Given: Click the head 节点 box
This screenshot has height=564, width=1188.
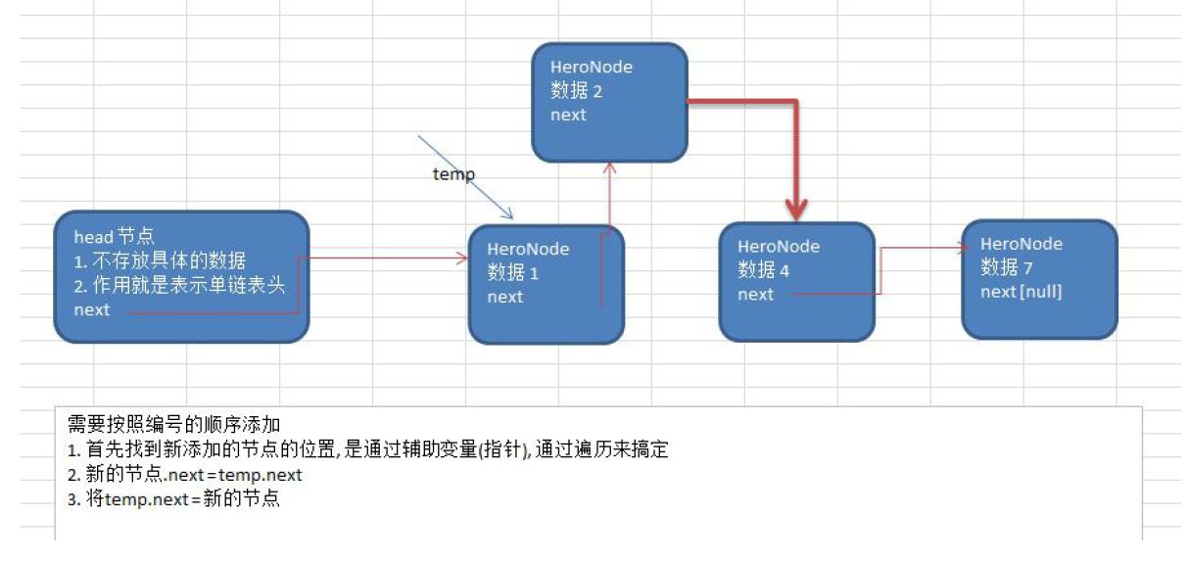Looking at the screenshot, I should (181, 277).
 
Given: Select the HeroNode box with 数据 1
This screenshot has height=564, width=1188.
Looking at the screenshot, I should (546, 284).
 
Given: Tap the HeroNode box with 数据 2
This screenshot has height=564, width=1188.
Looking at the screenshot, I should (609, 102).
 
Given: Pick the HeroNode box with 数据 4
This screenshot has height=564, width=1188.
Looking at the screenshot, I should (796, 281).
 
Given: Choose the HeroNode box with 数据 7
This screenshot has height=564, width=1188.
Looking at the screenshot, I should (1039, 279).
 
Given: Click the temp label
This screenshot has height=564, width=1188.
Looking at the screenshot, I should (453, 174).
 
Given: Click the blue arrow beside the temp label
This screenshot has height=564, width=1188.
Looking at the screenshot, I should (465, 177).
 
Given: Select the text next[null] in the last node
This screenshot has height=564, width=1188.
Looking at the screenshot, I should (1021, 291).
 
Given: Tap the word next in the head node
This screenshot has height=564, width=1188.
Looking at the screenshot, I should (92, 309).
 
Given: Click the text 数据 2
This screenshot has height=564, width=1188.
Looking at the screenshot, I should (576, 91).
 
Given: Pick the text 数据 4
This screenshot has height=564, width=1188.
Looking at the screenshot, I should (763, 269).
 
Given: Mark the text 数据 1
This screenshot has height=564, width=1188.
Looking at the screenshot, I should (512, 273).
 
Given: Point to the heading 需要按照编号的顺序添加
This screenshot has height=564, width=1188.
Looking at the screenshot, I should (173, 424).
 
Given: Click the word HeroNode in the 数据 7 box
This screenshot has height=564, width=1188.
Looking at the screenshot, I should (1021, 244).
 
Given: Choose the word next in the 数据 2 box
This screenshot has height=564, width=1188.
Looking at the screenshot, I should (568, 115).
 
